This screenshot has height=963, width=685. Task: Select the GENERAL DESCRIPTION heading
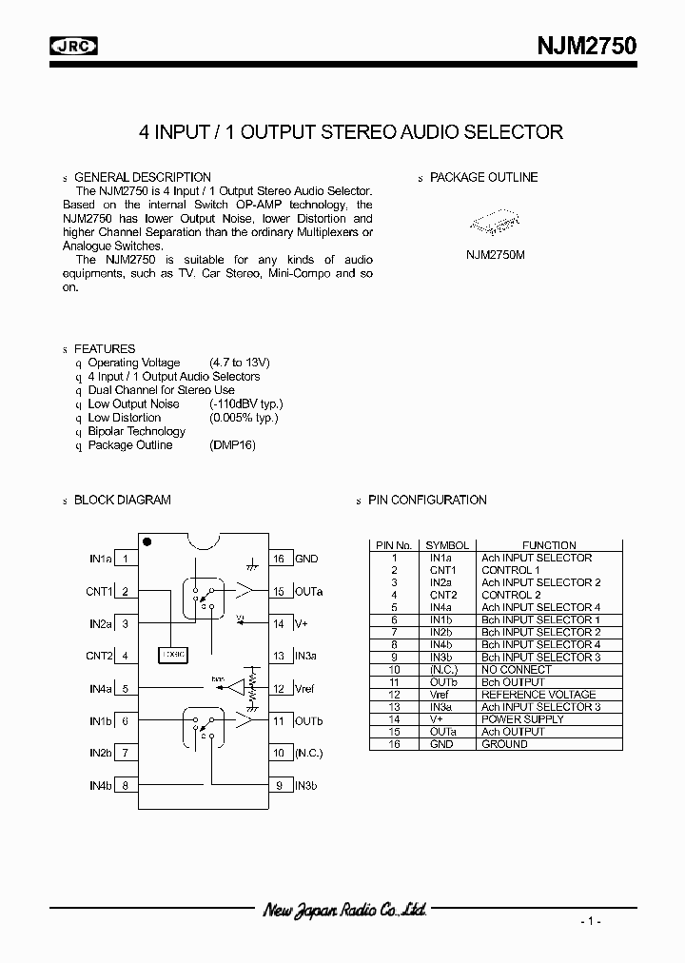click(142, 177)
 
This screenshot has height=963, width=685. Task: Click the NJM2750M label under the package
click(495, 255)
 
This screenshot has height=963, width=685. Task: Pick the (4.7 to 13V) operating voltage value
click(239, 363)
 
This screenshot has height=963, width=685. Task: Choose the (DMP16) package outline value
click(232, 445)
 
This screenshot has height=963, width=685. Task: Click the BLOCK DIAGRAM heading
click(122, 501)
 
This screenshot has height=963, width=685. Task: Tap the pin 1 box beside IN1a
click(126, 560)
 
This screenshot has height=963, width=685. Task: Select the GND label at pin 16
click(306, 560)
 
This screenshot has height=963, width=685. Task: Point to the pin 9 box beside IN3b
click(280, 785)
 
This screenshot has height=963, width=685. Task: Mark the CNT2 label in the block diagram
click(99, 656)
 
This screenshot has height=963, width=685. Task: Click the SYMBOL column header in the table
click(447, 545)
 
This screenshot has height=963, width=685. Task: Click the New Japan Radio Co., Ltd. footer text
click(343, 911)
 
